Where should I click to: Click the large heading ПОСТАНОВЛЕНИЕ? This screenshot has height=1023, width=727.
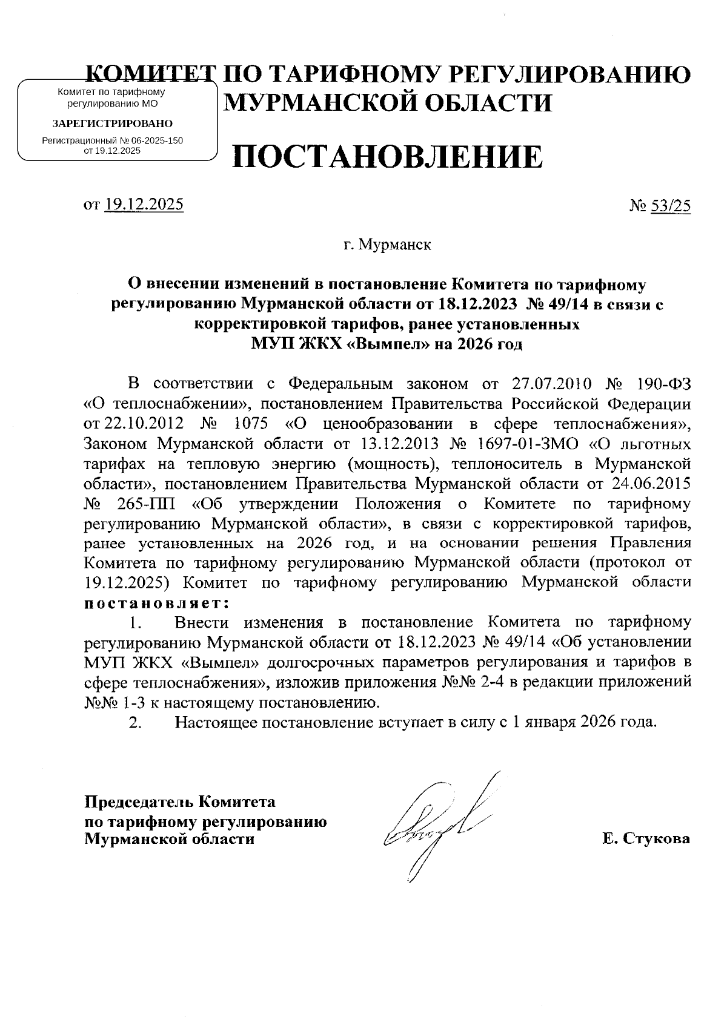pos(387,157)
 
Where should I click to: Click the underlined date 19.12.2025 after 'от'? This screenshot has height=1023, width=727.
pos(144,205)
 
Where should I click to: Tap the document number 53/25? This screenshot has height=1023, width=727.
pos(671,206)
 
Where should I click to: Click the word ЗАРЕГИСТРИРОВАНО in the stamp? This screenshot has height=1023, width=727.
pos(113,123)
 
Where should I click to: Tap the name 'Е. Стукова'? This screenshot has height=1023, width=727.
pos(646,839)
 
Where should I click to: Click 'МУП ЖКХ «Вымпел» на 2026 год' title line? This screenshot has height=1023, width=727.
pos(387,344)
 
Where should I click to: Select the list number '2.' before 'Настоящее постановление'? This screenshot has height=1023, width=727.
pos(135,722)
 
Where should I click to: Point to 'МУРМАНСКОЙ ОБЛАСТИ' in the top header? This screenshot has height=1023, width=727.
pos(388,103)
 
